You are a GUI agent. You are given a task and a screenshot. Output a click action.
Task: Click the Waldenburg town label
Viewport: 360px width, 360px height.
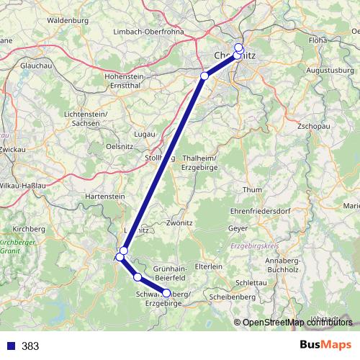click(67, 21)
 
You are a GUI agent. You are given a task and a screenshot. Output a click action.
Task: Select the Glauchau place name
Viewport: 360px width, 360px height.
click(36, 63)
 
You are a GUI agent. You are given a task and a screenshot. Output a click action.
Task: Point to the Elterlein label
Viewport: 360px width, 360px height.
click(210, 266)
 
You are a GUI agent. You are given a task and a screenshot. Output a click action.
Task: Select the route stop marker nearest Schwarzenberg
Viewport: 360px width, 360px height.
click(166, 293)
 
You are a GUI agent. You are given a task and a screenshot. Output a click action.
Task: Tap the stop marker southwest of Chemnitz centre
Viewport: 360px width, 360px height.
click(204, 76)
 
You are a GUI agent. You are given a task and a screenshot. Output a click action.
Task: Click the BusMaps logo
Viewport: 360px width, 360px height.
click(326, 345)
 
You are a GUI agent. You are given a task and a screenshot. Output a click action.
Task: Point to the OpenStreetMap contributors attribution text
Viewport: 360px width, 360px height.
click(296, 323)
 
